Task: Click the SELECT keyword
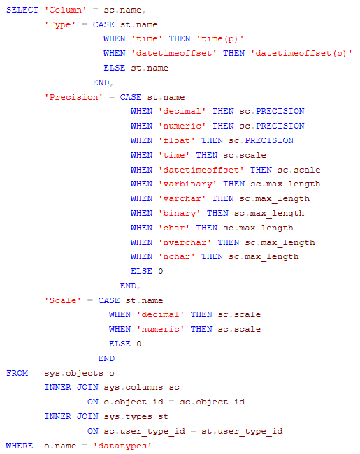point(22,10)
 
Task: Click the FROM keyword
point(17,373)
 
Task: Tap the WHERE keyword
point(20,446)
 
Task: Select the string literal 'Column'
point(66,10)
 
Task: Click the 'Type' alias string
point(60,25)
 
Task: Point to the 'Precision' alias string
point(73,97)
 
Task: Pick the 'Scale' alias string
point(63,300)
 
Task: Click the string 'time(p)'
point(220,39)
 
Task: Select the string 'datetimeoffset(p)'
point(301,54)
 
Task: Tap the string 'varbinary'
point(187,184)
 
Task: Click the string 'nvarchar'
point(185,242)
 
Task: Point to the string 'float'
point(177,140)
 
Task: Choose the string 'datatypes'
point(122,446)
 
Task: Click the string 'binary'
point(179,214)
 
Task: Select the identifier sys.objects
point(73,373)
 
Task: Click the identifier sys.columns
point(134,388)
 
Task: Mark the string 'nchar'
point(177,257)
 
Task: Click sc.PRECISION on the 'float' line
point(261,140)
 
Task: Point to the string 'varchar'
point(182,198)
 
